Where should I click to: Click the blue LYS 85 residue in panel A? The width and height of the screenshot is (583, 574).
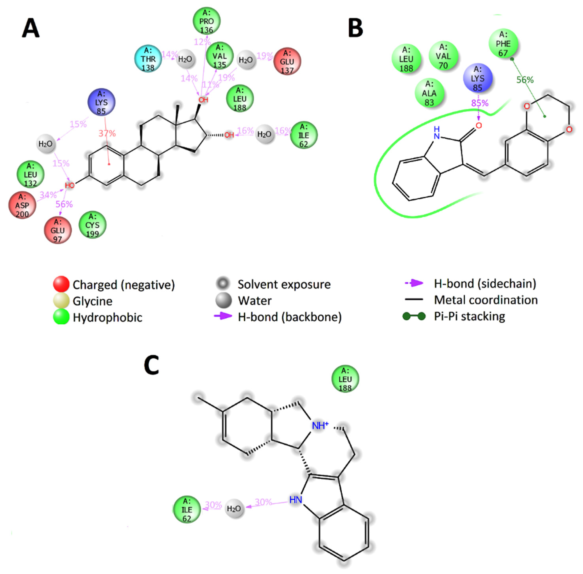point(101,102)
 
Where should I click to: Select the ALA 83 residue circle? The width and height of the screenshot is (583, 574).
point(429,93)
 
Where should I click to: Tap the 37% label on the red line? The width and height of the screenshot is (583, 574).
point(107,133)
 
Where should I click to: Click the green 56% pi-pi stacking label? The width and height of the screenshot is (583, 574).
point(525,80)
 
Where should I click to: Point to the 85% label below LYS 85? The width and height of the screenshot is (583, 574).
point(480,103)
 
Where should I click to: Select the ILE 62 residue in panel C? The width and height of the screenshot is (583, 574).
point(187,510)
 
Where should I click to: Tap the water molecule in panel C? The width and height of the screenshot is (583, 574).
point(234,509)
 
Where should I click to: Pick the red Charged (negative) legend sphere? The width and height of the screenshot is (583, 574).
point(61,284)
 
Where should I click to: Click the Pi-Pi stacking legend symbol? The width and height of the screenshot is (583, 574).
point(414,316)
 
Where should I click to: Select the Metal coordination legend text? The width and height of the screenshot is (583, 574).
point(486,300)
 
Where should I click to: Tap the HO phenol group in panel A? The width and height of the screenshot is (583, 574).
point(69,185)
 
